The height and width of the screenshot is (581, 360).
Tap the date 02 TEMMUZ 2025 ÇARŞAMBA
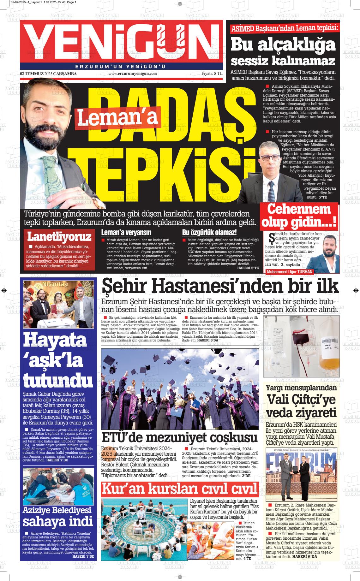(48, 74)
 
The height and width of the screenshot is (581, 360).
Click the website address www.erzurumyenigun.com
(133, 74)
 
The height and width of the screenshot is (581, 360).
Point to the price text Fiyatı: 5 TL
(212, 74)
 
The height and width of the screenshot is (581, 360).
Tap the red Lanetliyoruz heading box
(59, 236)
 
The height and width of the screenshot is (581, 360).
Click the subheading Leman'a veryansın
(126, 233)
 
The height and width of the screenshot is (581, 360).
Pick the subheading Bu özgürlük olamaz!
(209, 233)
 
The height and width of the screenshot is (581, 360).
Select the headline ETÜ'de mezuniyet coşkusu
(180, 438)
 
